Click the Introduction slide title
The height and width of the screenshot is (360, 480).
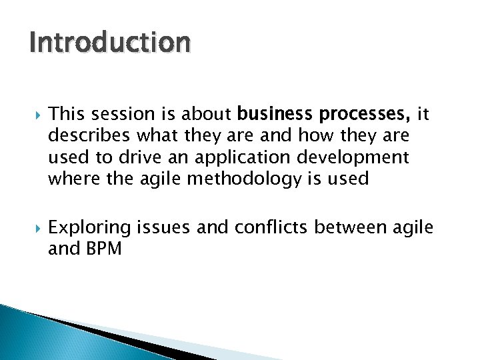pos(110,43)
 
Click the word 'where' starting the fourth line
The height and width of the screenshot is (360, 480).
pos(70,178)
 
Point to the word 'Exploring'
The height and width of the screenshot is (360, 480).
pos(89,228)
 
